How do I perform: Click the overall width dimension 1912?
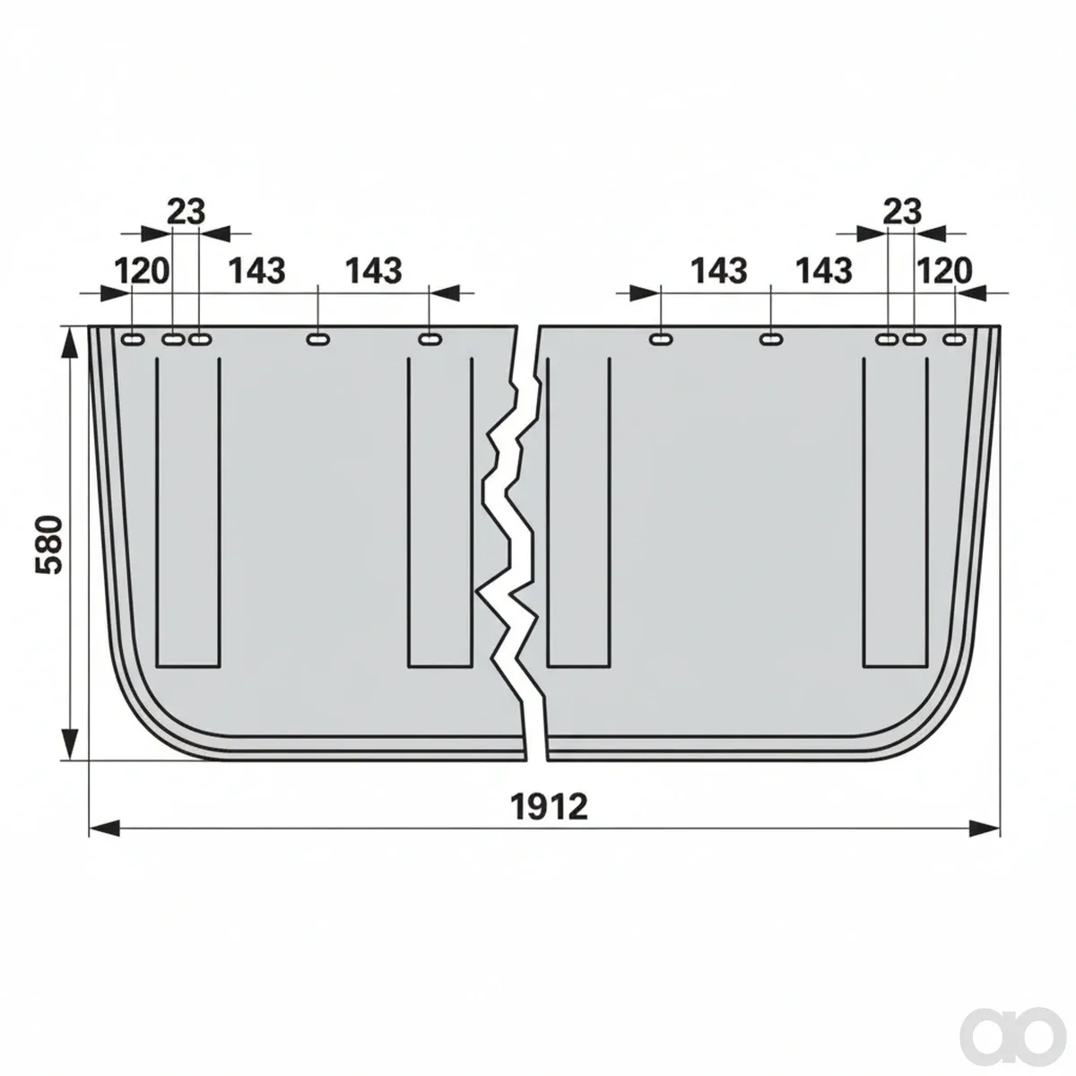click(550, 807)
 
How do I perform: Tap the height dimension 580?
click(48, 544)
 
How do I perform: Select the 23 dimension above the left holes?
click(186, 212)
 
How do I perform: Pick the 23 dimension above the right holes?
click(903, 212)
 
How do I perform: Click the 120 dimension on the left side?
click(142, 271)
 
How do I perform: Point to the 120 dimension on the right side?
click(945, 271)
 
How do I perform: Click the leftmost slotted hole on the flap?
click(133, 339)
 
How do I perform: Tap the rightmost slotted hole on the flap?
click(954, 339)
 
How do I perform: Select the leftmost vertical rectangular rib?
click(188, 512)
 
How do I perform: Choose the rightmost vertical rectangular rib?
click(896, 512)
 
